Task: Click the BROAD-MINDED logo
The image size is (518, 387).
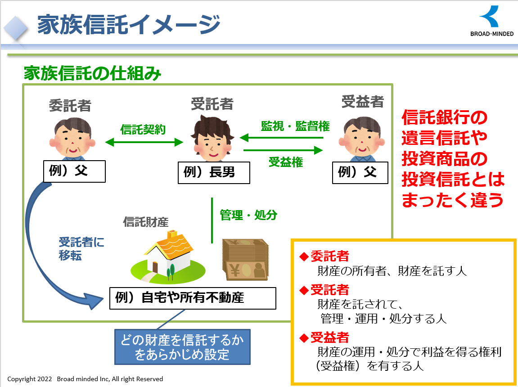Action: coord(491,21)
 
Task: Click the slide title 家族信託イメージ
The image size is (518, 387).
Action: coord(128,24)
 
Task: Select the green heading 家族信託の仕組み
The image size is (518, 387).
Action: coord(92,73)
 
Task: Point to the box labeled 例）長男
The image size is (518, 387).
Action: coord(214,172)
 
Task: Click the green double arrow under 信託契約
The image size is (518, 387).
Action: coord(144,142)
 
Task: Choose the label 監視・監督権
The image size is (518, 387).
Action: coord(295,126)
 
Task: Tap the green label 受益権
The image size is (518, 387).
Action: coord(285,162)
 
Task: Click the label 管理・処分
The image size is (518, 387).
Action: coord(248,215)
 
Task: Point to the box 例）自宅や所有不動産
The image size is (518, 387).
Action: coord(193,298)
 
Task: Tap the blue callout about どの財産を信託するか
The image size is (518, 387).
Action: coord(182,347)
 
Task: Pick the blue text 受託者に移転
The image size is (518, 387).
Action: coord(81,248)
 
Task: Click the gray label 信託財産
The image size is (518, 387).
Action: coord(145,222)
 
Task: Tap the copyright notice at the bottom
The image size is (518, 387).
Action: coord(85,379)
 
